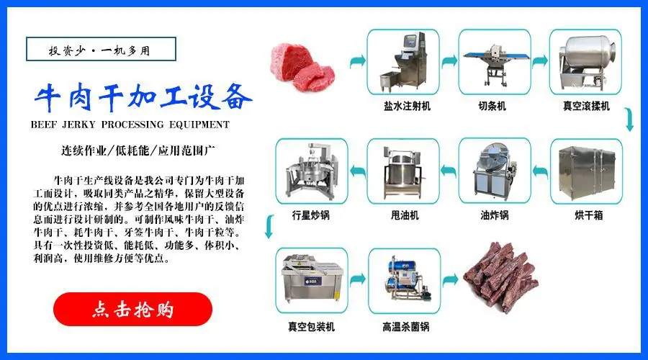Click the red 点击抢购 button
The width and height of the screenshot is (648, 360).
(x=132, y=310)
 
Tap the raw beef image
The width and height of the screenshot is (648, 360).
(x=302, y=63)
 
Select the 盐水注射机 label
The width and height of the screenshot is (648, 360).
(x=407, y=106)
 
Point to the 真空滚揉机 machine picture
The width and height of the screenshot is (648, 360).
(x=586, y=60)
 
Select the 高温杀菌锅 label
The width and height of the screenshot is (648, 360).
(x=406, y=326)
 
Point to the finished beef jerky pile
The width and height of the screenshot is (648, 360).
(x=501, y=276)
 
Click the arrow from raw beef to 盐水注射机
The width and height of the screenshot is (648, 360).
(x=356, y=63)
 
